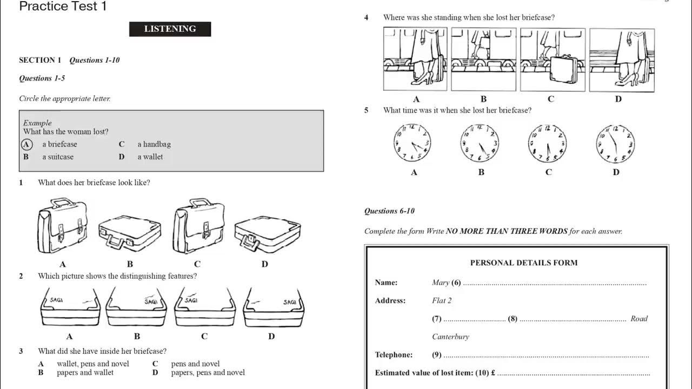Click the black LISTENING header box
point(170,29)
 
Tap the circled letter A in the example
point(26,144)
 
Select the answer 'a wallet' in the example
point(150,157)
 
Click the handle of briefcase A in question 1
point(63,203)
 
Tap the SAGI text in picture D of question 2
point(290,302)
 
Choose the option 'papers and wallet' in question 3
point(85,372)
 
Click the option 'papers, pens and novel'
point(208,372)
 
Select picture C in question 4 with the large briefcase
point(553,59)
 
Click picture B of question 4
point(483,59)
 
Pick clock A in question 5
point(413,144)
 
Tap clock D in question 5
point(616,144)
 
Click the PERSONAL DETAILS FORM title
point(523,263)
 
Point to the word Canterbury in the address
point(450,337)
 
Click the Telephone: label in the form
point(394,355)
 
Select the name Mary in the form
point(441,283)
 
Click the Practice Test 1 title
point(63,6)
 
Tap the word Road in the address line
point(638,319)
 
